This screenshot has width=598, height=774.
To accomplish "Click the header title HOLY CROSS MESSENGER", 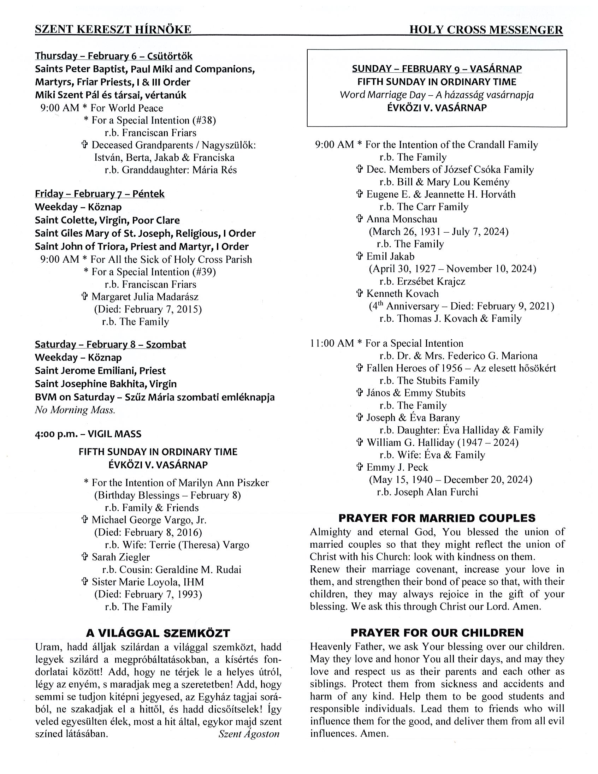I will point(486,30).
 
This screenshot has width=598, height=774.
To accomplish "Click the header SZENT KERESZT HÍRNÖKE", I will point(113,30).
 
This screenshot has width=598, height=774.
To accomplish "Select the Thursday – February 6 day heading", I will point(114,56).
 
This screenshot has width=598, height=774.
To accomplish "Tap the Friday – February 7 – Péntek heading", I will point(100,194).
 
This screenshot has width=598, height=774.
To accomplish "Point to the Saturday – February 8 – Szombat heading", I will point(110,345).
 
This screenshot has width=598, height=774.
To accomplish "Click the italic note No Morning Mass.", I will point(75,410).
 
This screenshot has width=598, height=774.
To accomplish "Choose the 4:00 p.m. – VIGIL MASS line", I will point(88,434).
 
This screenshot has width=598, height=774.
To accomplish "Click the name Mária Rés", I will point(214,170).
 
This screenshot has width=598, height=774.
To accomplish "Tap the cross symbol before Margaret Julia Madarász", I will point(85,296).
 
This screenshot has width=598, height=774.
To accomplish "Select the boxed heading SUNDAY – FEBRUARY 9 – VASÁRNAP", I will point(437,69).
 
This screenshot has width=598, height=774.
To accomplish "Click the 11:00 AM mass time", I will point(332,344).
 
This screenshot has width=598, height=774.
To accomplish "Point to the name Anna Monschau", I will point(402,219).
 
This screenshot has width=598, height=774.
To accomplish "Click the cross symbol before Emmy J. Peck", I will point(360,467).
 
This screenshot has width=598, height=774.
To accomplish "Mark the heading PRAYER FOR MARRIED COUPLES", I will point(437,518).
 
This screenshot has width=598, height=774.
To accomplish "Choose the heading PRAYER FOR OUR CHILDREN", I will point(437,633).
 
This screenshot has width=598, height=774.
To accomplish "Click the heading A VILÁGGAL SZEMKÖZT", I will point(158,633).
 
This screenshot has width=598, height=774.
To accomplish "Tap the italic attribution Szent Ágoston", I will point(249,734).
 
